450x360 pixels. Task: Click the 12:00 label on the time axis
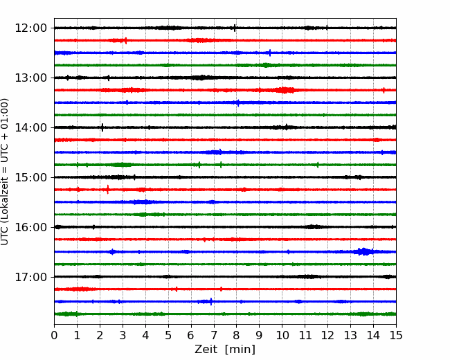coord(30,28)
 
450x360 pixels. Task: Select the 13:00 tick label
coord(30,78)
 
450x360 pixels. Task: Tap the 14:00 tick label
coord(30,127)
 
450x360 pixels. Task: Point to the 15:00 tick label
coord(30,177)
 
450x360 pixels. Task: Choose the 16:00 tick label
coord(30,227)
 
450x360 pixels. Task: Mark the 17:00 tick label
coord(30,277)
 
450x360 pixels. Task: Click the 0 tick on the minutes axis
coord(54,335)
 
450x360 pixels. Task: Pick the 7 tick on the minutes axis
coord(213,335)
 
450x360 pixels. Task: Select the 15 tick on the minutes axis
coord(396,335)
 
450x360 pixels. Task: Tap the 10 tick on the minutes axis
coord(282,335)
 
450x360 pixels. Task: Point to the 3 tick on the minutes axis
coord(123,335)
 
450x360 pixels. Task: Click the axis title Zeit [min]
coord(225,349)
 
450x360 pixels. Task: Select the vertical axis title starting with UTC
coord(5,172)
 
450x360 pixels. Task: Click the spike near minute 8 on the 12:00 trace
coord(235,28)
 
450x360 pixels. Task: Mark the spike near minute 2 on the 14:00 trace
coord(102,127)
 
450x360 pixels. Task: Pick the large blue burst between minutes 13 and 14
coord(364,251)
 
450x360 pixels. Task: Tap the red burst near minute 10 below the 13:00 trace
coord(284,90)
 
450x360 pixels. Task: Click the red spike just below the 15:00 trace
coord(107,189)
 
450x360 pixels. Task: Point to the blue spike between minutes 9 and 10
coord(270,53)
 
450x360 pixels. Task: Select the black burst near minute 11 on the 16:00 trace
coord(313,227)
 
